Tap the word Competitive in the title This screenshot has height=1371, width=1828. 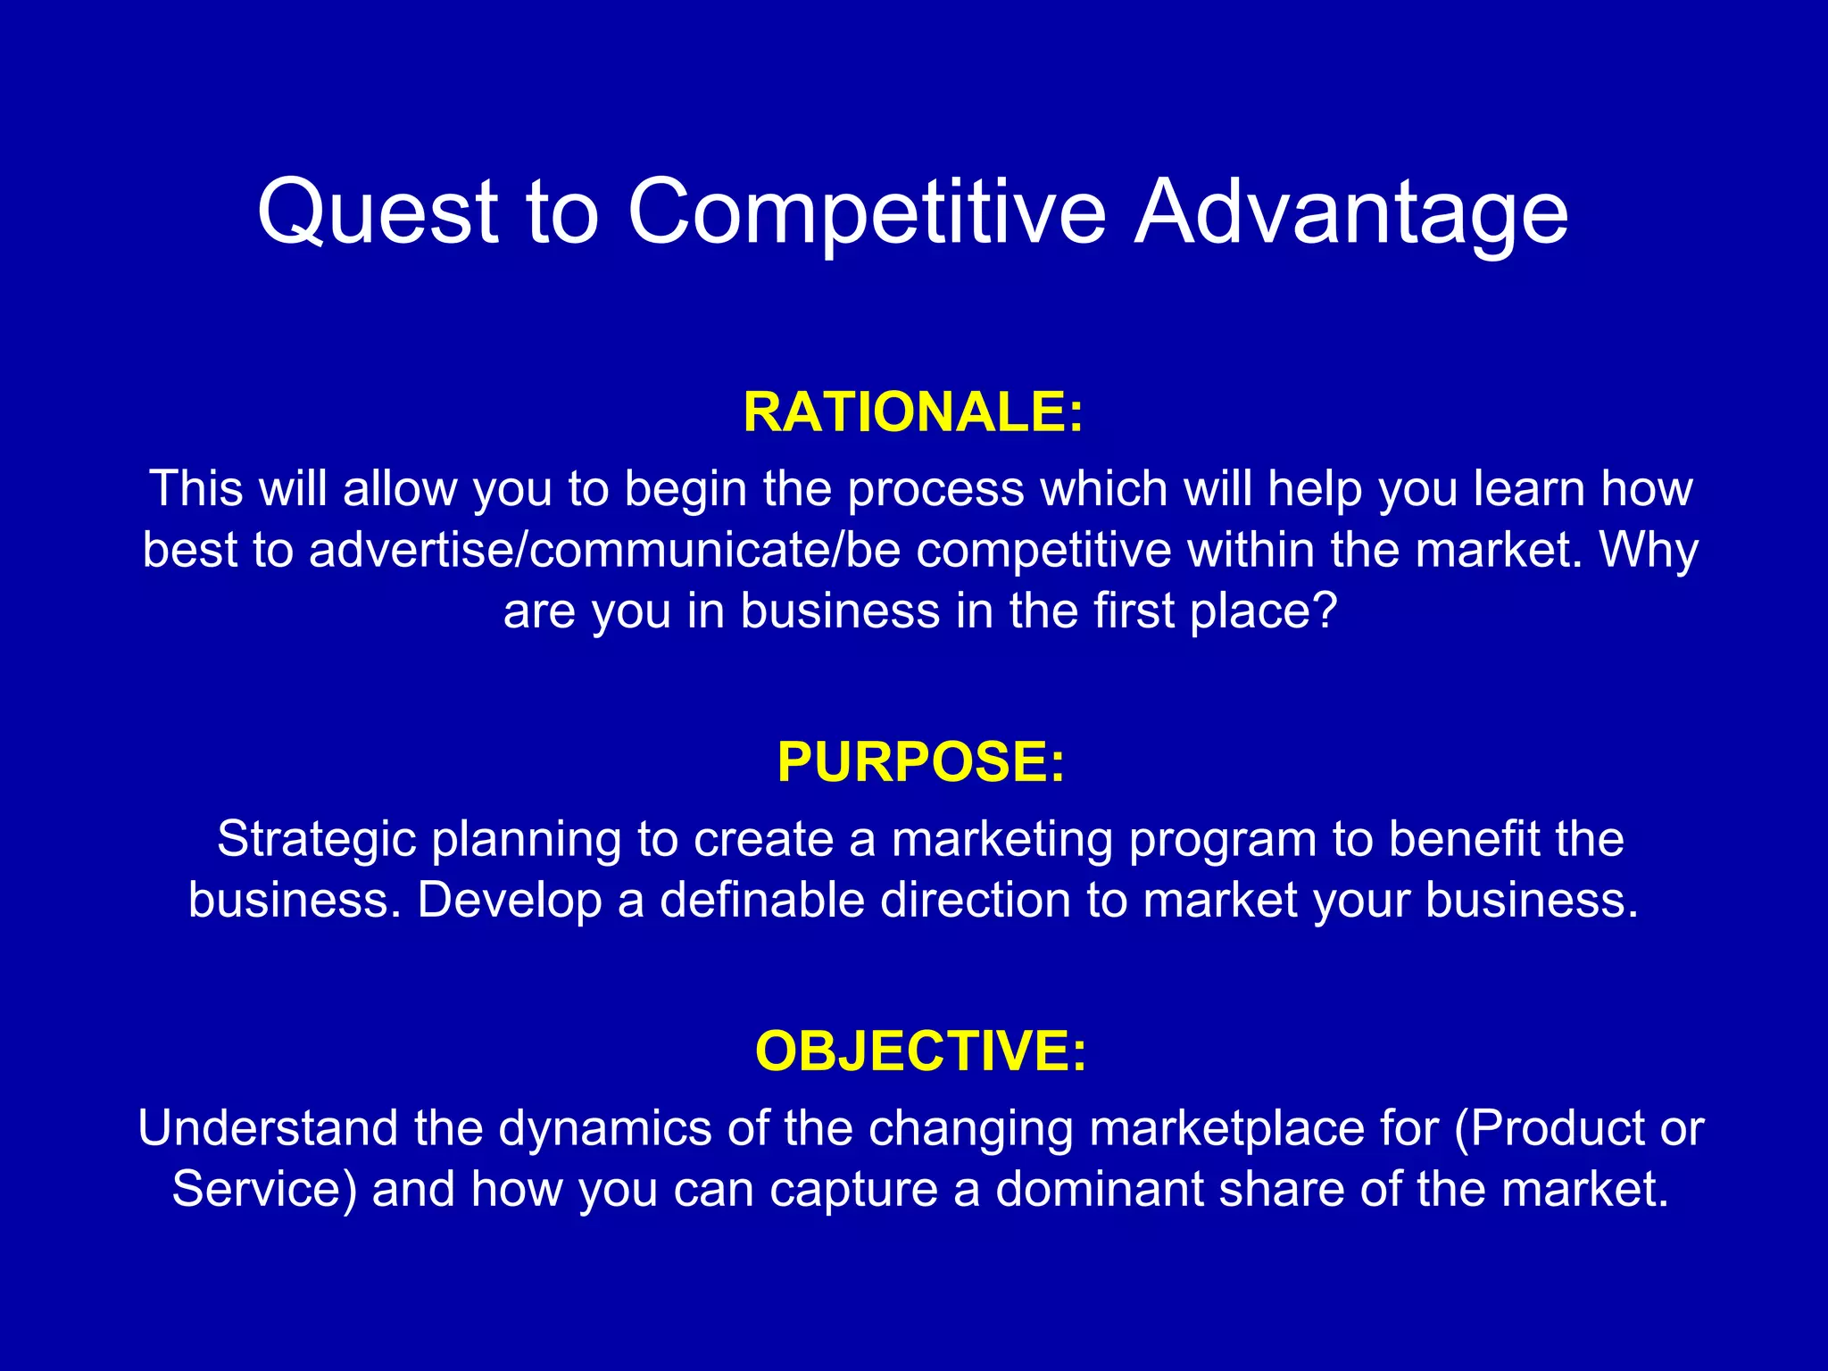866,212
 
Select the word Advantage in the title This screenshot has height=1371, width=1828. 1350,212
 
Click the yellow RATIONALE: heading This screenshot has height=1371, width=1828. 913,412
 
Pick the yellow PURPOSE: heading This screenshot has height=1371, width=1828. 920,762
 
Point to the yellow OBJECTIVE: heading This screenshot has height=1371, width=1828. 920,1051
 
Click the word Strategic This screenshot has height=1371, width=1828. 316,839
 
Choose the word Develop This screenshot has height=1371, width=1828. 509,901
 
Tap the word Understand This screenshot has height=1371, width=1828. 268,1128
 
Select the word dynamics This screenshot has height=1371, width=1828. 604,1129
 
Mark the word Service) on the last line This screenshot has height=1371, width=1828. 264,1190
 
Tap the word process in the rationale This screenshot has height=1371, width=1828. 935,490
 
